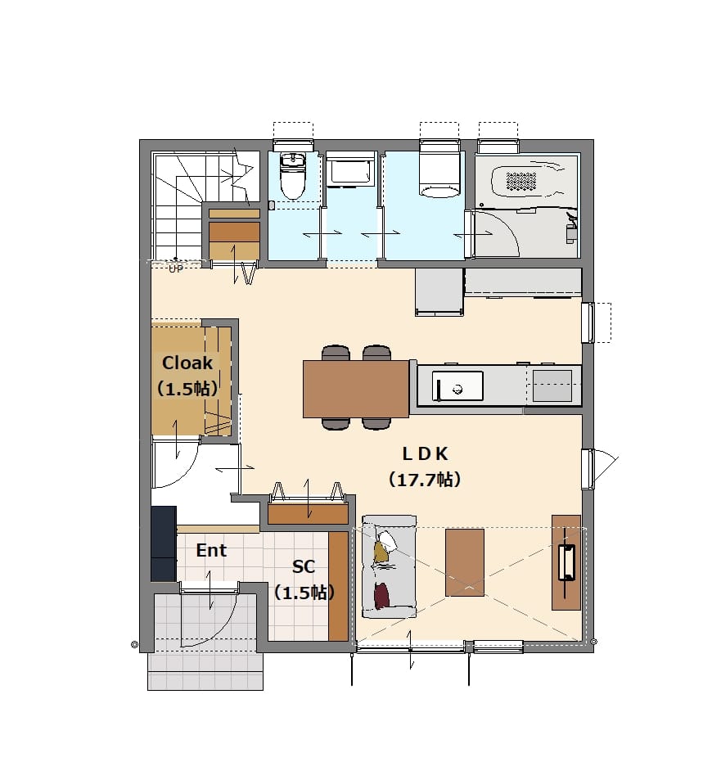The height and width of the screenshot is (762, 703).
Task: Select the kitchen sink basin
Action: (457, 386)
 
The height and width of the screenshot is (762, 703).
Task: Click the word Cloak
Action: (187, 363)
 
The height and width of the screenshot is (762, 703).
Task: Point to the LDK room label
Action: (425, 454)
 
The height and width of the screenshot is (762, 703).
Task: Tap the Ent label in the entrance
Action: (211, 550)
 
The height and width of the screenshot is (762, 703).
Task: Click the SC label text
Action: (303, 566)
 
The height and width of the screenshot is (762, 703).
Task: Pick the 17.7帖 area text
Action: (424, 480)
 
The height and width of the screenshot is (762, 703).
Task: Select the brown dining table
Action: (356, 389)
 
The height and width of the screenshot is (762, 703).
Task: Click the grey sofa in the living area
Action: (389, 567)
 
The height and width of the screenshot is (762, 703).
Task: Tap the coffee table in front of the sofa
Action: (465, 562)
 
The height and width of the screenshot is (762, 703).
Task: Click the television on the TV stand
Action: (566, 563)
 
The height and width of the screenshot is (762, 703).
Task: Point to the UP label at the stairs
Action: (176, 268)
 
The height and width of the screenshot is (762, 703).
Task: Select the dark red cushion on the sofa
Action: (381, 595)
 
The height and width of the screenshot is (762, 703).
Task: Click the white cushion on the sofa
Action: (387, 540)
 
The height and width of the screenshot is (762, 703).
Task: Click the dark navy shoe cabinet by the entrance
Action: (163, 543)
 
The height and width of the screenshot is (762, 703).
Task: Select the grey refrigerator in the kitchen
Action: (439, 292)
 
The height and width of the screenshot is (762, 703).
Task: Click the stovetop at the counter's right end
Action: (552, 386)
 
